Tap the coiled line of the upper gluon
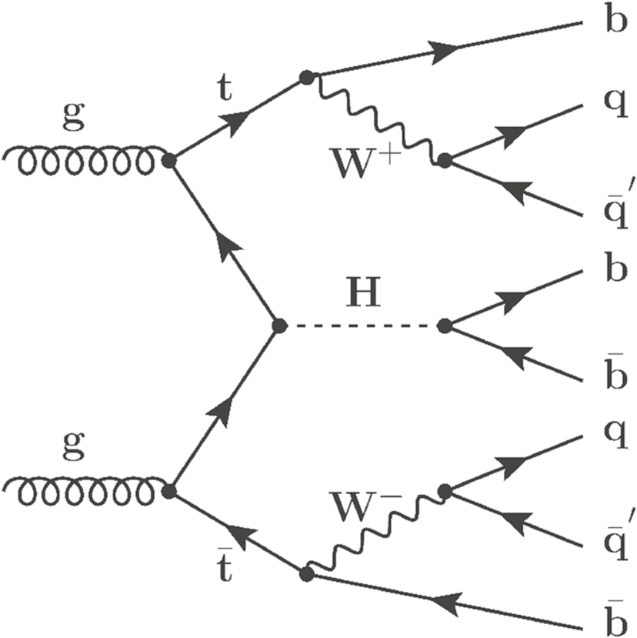click(85, 161)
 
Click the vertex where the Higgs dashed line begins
click(278, 326)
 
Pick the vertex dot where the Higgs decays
click(444, 326)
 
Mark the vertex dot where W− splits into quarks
click(444, 491)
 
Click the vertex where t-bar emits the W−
click(306, 573)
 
